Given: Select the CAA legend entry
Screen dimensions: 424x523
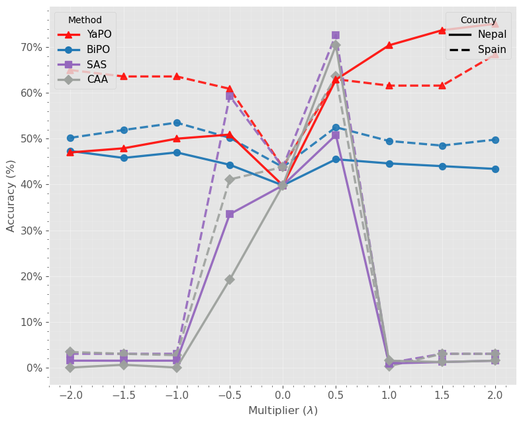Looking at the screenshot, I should pyautogui.click(x=98, y=79).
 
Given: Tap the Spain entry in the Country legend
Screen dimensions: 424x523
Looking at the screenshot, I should pyautogui.click(x=492, y=50).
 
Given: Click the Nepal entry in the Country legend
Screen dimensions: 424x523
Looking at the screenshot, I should pyautogui.click(x=493, y=34).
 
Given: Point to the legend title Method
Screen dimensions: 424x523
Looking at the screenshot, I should pyautogui.click(x=85, y=21).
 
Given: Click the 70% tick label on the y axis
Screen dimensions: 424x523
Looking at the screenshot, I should pyautogui.click(x=32, y=47).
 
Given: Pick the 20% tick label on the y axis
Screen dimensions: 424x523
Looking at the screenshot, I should pyautogui.click(x=32, y=276).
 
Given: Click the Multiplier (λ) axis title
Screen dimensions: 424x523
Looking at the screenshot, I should pyautogui.click(x=283, y=411).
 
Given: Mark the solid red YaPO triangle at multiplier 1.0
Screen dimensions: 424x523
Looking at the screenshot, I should pyautogui.click(x=389, y=45).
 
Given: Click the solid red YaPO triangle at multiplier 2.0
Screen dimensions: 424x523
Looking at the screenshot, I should pyautogui.click(x=495, y=25).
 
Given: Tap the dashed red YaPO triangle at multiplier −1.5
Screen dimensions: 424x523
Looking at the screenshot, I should pyautogui.click(x=124, y=76).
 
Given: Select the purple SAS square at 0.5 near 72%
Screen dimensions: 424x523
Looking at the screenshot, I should pyautogui.click(x=336, y=35).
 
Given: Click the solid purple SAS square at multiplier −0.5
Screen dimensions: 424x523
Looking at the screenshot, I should pyautogui.click(x=230, y=214).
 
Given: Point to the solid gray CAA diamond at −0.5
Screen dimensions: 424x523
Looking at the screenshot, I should pyautogui.click(x=230, y=280).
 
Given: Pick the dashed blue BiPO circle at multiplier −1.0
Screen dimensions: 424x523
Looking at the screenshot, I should pyautogui.click(x=177, y=123).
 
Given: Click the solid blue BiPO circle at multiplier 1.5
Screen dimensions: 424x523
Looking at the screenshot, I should pyautogui.click(x=442, y=166).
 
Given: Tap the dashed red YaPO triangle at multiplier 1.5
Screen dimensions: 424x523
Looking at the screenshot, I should pyautogui.click(x=442, y=85).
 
